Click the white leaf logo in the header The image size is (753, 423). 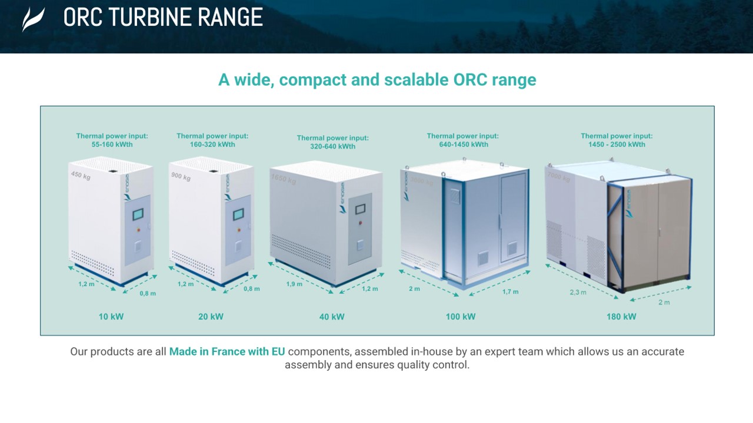pyautogui.click(x=33, y=19)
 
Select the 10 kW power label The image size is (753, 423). pyautogui.click(x=111, y=317)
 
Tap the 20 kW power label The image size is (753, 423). pyautogui.click(x=211, y=317)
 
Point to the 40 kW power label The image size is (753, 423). pyautogui.click(x=332, y=317)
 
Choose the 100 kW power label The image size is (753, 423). pyautogui.click(x=461, y=317)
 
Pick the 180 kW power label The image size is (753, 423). pyautogui.click(x=621, y=317)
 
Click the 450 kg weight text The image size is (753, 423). pyautogui.click(x=81, y=174)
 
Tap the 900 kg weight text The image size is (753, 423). pyautogui.click(x=180, y=176)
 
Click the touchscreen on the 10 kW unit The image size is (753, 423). pyautogui.click(x=139, y=214)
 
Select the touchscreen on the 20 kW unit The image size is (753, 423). pyautogui.click(x=239, y=214)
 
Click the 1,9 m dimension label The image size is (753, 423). pyautogui.click(x=294, y=284)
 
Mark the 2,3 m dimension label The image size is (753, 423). pyautogui.click(x=578, y=292)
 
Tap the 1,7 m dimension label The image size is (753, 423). pyautogui.click(x=511, y=292)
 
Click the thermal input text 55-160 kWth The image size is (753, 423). pyautogui.click(x=112, y=145)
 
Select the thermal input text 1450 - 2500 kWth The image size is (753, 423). pyautogui.click(x=617, y=145)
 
